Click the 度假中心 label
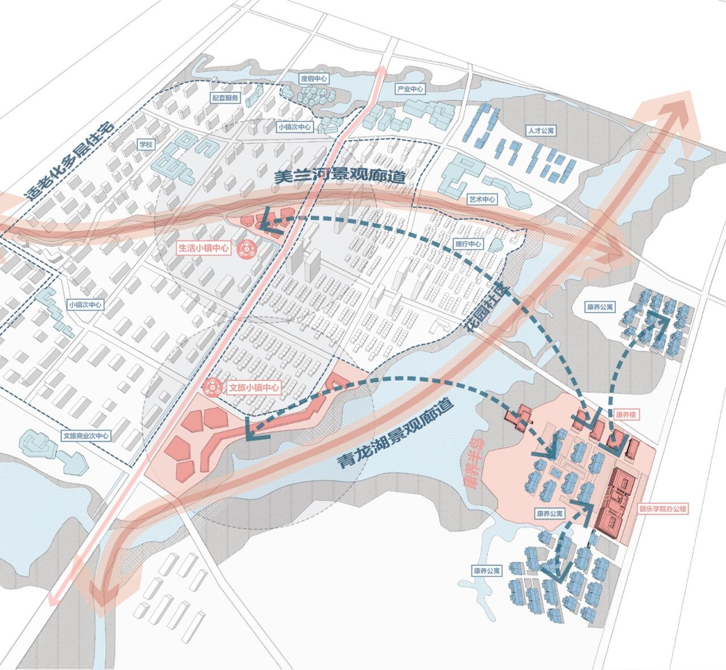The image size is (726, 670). pyautogui.click(x=314, y=79)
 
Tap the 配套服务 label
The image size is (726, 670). pyautogui.click(x=226, y=98)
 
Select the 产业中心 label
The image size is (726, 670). pyautogui.click(x=410, y=90)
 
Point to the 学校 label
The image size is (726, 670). pyautogui.click(x=146, y=145)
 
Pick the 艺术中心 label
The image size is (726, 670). pyautogui.click(x=482, y=200)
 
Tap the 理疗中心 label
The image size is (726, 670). pyautogui.click(x=468, y=245)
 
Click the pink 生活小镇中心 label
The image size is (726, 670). pyautogui.click(x=204, y=248)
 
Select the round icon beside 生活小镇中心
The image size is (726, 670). pyautogui.click(x=247, y=248)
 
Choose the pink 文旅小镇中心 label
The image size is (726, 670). pyautogui.click(x=253, y=388)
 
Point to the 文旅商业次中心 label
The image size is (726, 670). pyautogui.click(x=87, y=436)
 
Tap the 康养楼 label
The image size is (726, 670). pyautogui.click(x=626, y=415)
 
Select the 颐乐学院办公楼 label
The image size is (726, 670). pyautogui.click(x=663, y=509)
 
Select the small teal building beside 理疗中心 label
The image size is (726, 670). pyautogui.click(x=495, y=245)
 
